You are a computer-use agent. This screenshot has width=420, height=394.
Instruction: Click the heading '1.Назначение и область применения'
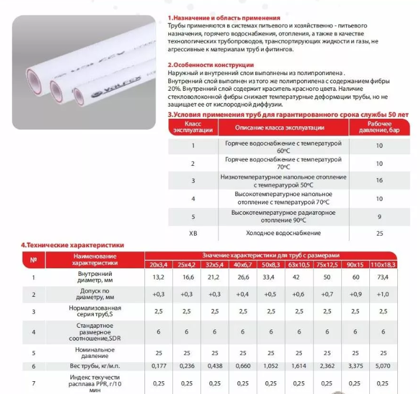pos(224,18)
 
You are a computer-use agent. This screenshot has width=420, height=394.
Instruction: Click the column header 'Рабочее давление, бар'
pos(379,127)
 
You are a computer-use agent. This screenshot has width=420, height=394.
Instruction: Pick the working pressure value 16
pos(379,180)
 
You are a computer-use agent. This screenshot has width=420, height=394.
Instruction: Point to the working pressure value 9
pos(379,216)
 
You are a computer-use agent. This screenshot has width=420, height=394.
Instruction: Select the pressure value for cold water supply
pos(379,233)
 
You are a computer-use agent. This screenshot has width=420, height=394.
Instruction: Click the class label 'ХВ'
pos(193,233)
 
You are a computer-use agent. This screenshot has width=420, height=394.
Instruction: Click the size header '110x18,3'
pos(382,264)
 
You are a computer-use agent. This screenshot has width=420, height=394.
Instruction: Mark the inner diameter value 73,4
pos(382,277)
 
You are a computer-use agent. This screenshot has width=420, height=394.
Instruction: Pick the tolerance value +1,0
pos(382,294)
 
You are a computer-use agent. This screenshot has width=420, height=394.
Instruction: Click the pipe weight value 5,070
pos(382,366)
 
